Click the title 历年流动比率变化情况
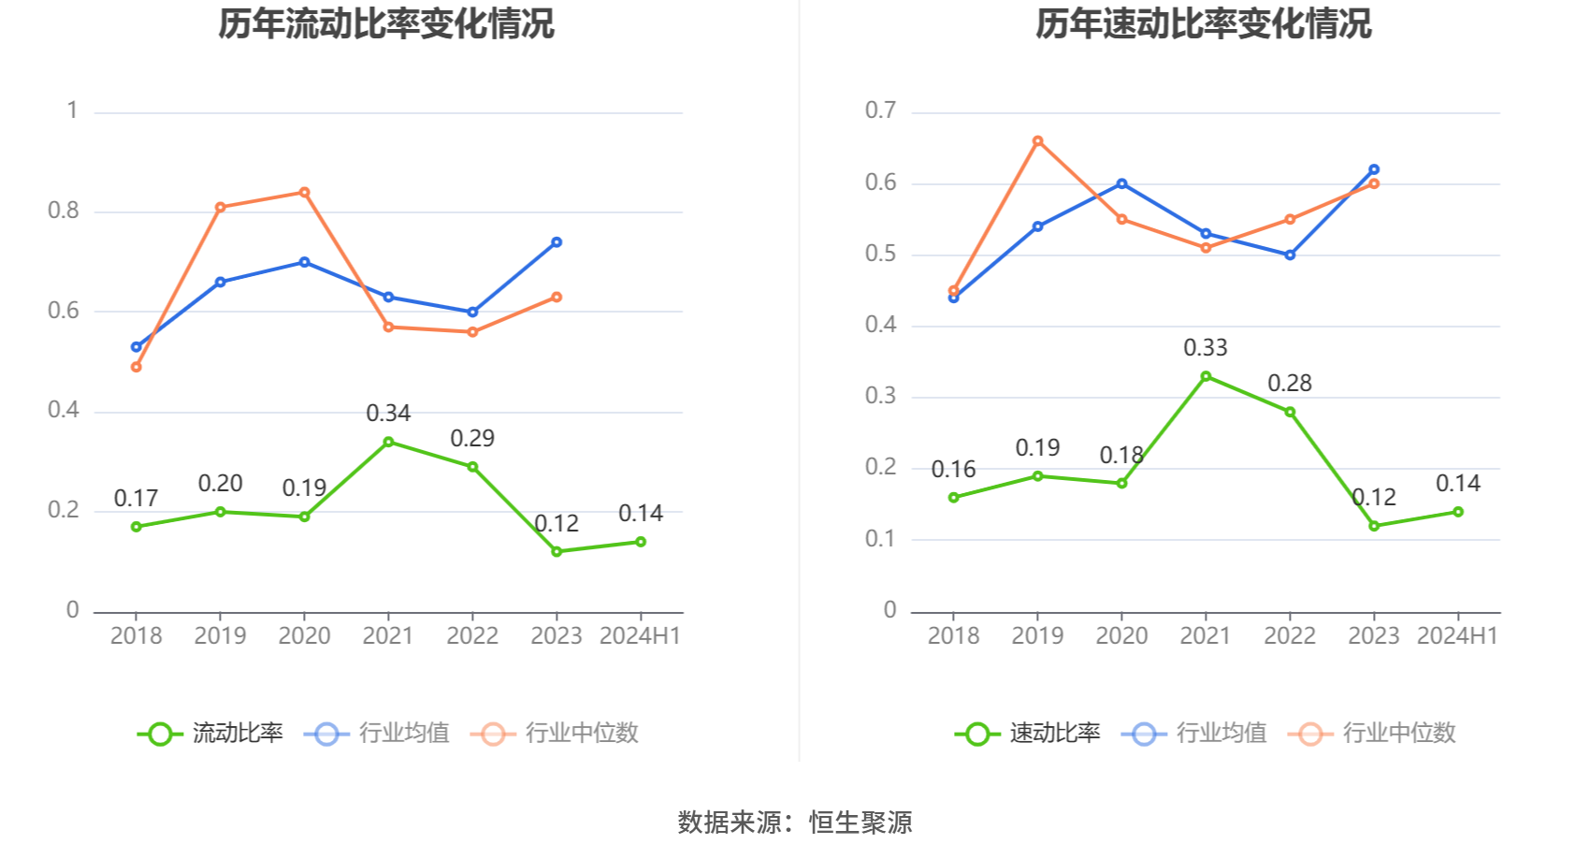pos(386,24)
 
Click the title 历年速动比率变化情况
pos(1203,24)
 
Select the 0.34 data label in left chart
pos(388,414)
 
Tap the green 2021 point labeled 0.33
pos(1206,376)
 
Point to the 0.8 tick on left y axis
pos(64,211)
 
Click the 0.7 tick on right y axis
pos(880,110)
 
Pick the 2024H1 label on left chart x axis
pos(640,636)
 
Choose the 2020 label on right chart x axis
pos(1121,636)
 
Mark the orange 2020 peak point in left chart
pos(304,193)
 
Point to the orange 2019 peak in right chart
pos(1037,141)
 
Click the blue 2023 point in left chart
pos(556,242)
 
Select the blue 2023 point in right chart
pos(1374,169)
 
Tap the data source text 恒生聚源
pos(860,823)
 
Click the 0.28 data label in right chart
pos(1290,384)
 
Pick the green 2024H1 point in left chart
pos(641,542)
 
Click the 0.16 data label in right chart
pos(953,470)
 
